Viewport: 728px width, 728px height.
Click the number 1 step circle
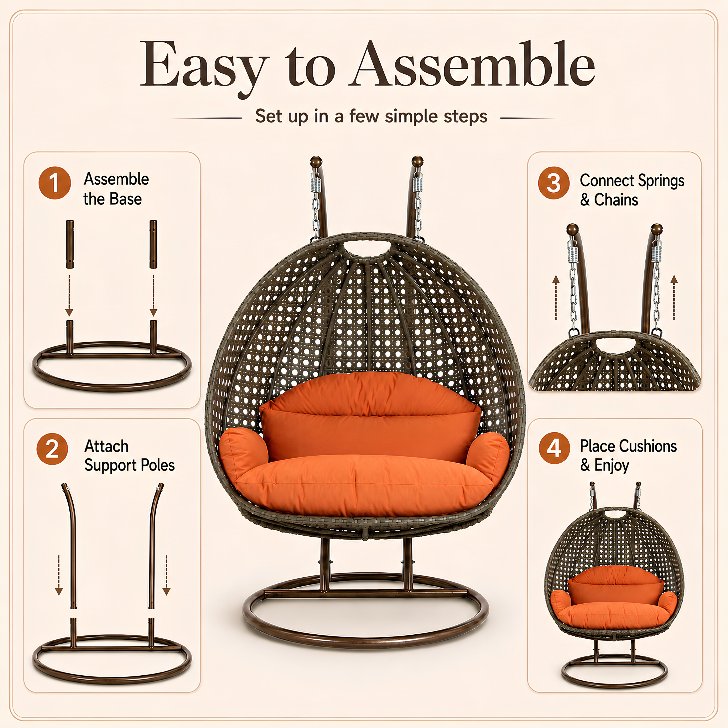[x=55, y=183]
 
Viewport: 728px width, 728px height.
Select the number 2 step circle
[x=52, y=449]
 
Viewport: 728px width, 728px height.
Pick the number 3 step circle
[x=553, y=183]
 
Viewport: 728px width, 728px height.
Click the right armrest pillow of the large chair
[x=488, y=457]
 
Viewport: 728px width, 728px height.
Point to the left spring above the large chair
[x=316, y=185]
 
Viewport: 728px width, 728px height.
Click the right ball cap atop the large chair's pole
[x=417, y=161]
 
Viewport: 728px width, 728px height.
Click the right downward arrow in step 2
[x=166, y=575]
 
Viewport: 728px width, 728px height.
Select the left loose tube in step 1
[x=70, y=244]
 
